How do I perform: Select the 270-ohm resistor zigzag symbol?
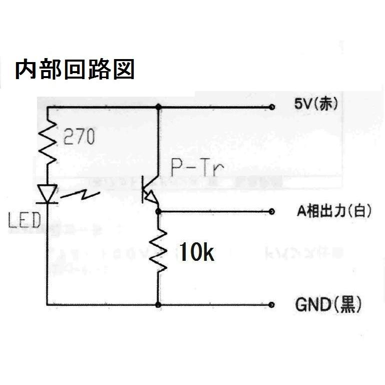click(48, 142)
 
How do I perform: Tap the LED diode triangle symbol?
click(48, 194)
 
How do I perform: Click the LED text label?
click(24, 220)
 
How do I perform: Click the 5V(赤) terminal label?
click(316, 105)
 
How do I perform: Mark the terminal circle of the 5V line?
click(272, 107)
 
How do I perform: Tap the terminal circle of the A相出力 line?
click(272, 212)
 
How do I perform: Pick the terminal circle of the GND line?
click(272, 304)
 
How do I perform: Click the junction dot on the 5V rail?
click(158, 107)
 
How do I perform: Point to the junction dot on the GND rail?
click(158, 304)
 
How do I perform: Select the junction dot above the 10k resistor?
click(158, 212)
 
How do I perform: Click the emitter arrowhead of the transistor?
click(154, 202)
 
